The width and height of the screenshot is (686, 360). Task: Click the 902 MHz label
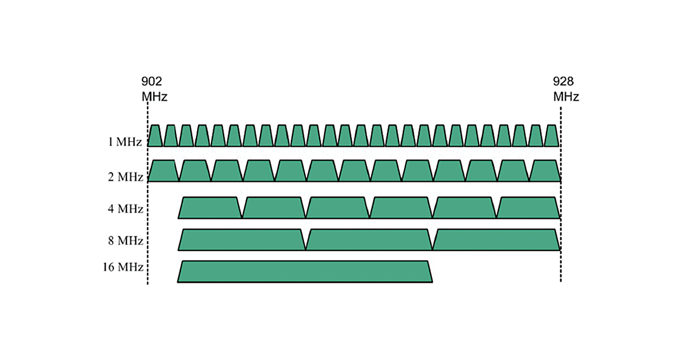(x=154, y=89)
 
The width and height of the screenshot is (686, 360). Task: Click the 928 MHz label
(x=565, y=89)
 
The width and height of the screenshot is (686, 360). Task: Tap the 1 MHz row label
(x=125, y=141)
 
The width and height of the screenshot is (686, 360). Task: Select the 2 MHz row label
(x=125, y=177)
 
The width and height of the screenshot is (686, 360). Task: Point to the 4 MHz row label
(x=125, y=209)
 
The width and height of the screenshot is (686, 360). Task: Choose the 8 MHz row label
(x=125, y=241)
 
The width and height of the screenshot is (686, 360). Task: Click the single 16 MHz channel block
(x=305, y=271)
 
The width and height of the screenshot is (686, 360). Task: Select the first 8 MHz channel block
(x=242, y=240)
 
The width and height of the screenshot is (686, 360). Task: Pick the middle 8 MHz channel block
(x=369, y=240)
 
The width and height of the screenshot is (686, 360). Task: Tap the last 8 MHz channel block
(x=496, y=240)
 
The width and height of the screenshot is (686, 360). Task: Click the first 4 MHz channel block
(x=210, y=208)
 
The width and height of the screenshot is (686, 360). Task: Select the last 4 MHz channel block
(x=528, y=208)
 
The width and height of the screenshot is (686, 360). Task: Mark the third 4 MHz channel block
(x=337, y=208)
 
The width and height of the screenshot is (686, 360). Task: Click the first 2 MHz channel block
(x=163, y=171)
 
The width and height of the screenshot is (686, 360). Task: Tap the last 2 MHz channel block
(x=545, y=171)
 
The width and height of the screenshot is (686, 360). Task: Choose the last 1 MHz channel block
(x=551, y=136)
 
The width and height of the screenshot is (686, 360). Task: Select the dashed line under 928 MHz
(x=561, y=269)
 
